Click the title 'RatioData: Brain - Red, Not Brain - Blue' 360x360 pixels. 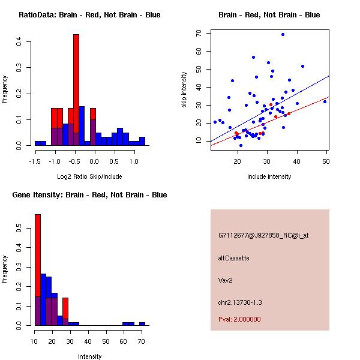pyautogui.click(x=89, y=15)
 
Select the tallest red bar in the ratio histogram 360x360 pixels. pyautogui.click(x=76, y=90)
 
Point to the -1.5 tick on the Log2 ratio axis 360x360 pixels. pyautogui.click(x=35, y=161)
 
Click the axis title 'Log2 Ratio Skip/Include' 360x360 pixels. pyautogui.click(x=89, y=178)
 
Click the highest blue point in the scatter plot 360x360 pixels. pyautogui.click(x=283, y=34)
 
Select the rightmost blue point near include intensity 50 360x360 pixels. pyautogui.click(x=325, y=101)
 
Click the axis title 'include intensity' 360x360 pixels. pyautogui.click(x=269, y=176)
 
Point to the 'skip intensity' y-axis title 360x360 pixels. pyautogui.click(x=184, y=90)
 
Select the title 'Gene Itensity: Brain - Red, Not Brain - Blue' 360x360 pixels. pyautogui.click(x=89, y=195)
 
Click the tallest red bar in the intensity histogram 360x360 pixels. pyautogui.click(x=38, y=270)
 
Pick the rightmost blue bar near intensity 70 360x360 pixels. pyautogui.click(x=142, y=323)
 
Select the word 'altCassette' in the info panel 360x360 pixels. pyautogui.click(x=233, y=258)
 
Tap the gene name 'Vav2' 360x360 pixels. pyautogui.click(x=225, y=280)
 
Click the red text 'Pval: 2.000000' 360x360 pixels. pyautogui.click(x=239, y=319)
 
